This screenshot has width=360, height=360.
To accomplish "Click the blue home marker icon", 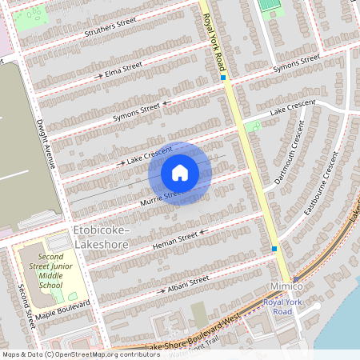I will pyautogui.click(x=180, y=172).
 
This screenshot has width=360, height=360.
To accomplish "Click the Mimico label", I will pyautogui.click(x=284, y=286).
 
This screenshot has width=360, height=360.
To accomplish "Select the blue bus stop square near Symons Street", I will pyautogui.click(x=223, y=78).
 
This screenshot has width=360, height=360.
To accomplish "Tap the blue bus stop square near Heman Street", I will pyautogui.click(x=274, y=249).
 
